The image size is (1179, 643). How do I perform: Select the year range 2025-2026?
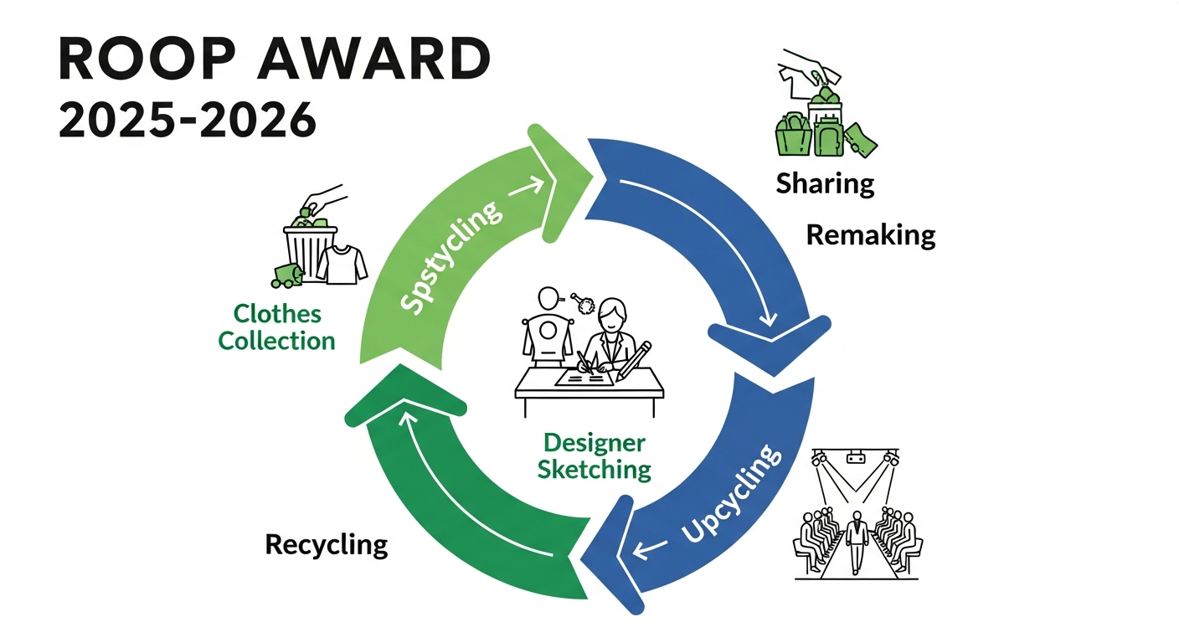click(x=188, y=121)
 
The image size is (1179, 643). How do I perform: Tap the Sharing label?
click(x=825, y=183)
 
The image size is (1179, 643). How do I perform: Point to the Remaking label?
click(x=870, y=235)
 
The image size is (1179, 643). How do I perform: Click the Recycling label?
click(x=327, y=545)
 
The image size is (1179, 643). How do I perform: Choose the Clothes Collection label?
click(x=277, y=327)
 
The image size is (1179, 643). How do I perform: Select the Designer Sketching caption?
click(x=594, y=456)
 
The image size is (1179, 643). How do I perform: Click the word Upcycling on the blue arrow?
click(x=731, y=495)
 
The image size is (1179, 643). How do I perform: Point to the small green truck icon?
click(x=286, y=275)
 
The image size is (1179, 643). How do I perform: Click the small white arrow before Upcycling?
click(x=651, y=549)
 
